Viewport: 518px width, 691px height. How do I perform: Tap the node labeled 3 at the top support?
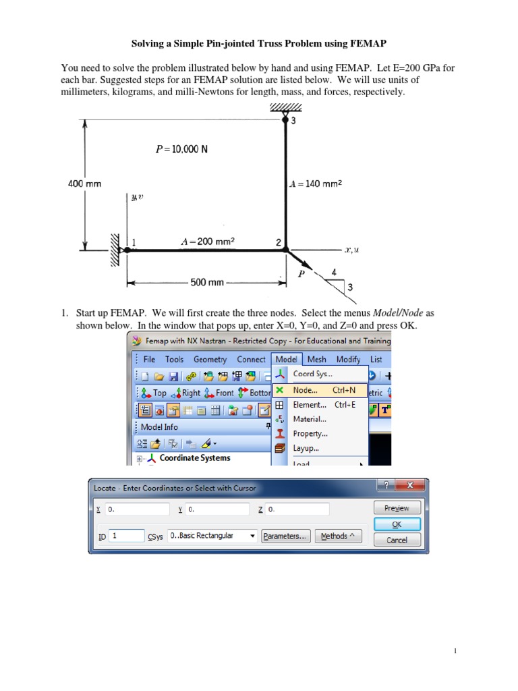(285, 121)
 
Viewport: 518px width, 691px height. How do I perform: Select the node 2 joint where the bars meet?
(285, 250)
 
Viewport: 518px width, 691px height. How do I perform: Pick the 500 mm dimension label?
(207, 282)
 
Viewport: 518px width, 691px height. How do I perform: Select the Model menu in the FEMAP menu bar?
(287, 360)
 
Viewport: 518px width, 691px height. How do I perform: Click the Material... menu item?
(310, 419)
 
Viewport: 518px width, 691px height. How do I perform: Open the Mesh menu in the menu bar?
(316, 360)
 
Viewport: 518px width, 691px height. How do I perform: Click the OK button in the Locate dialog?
(397, 524)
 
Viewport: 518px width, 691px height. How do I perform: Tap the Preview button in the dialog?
(397, 508)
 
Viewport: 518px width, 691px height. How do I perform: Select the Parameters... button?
(285, 536)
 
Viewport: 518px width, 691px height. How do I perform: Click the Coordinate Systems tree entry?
(194, 458)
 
